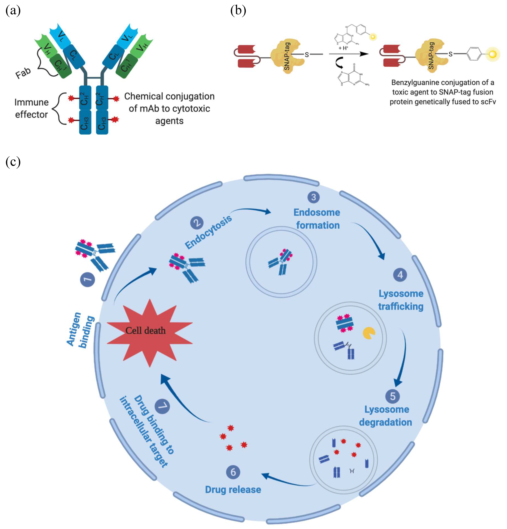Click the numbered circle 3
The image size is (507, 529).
click(313, 197)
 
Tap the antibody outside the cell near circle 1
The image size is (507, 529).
click(94, 254)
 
